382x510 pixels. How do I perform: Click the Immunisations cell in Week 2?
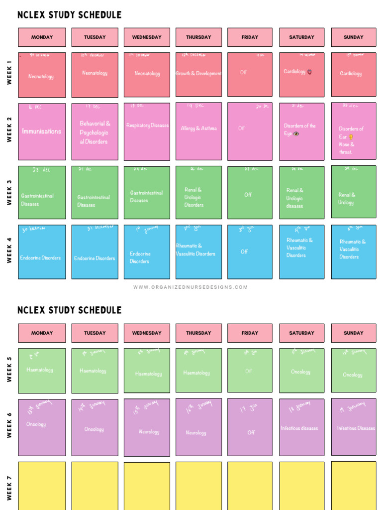[x=42, y=131]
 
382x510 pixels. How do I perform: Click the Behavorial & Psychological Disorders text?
[x=95, y=132]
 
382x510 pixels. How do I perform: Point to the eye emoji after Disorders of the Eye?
[x=296, y=134]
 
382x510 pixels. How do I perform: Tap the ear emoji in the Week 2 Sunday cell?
[x=350, y=137]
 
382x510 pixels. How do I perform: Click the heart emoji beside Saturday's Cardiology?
[x=310, y=72]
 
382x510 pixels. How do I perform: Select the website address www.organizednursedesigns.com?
[x=191, y=287]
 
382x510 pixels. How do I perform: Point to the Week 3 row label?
[x=9, y=192]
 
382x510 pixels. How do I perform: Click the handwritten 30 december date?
[x=34, y=229]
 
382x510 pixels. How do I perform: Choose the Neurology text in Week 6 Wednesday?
[x=149, y=432]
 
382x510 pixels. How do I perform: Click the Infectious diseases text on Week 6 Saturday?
[x=299, y=428]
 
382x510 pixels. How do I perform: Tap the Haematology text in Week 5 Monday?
[x=40, y=370]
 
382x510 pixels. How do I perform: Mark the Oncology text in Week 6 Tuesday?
[x=94, y=429]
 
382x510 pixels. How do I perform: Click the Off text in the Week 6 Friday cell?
[x=251, y=432]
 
